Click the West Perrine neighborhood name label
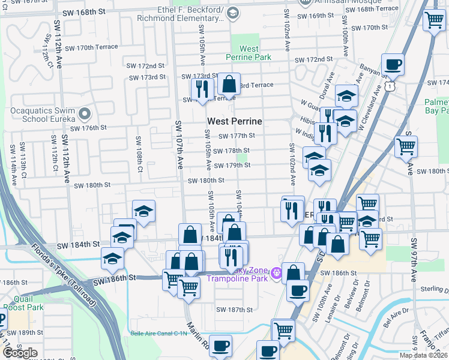coord(235,121)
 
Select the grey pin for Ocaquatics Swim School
coord(85,113)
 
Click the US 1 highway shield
coord(390,87)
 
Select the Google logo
coord(20,353)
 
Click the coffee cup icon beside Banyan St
coord(393,64)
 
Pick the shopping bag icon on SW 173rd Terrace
coord(229,83)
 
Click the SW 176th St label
coord(88,128)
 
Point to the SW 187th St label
coord(235,310)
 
